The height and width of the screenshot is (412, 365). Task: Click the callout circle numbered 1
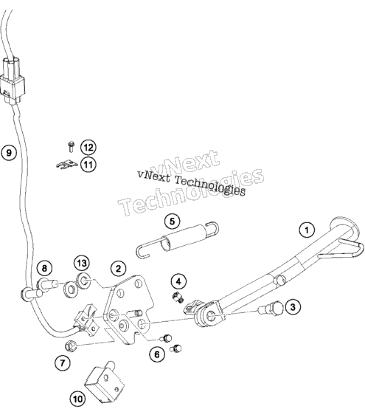tap(307, 230)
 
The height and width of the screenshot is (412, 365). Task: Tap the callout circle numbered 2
tap(118, 269)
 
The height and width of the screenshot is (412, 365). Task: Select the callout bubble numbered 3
tap(293, 307)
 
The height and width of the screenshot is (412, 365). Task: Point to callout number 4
tap(178, 281)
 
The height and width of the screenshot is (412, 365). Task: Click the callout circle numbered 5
tap(172, 222)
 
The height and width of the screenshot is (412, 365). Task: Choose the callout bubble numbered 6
tap(157, 354)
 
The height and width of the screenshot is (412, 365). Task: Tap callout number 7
tap(63, 363)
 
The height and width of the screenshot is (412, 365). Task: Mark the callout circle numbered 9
tap(9, 152)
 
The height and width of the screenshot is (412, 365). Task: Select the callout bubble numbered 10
tap(77, 399)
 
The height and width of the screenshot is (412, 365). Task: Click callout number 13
tap(82, 263)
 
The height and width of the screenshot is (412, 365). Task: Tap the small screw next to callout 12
tap(71, 146)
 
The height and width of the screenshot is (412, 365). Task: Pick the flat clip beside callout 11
tap(67, 165)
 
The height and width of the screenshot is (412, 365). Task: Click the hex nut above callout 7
tap(71, 346)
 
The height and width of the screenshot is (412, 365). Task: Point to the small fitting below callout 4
tap(178, 297)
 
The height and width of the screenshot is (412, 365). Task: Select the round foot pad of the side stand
tap(344, 227)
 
